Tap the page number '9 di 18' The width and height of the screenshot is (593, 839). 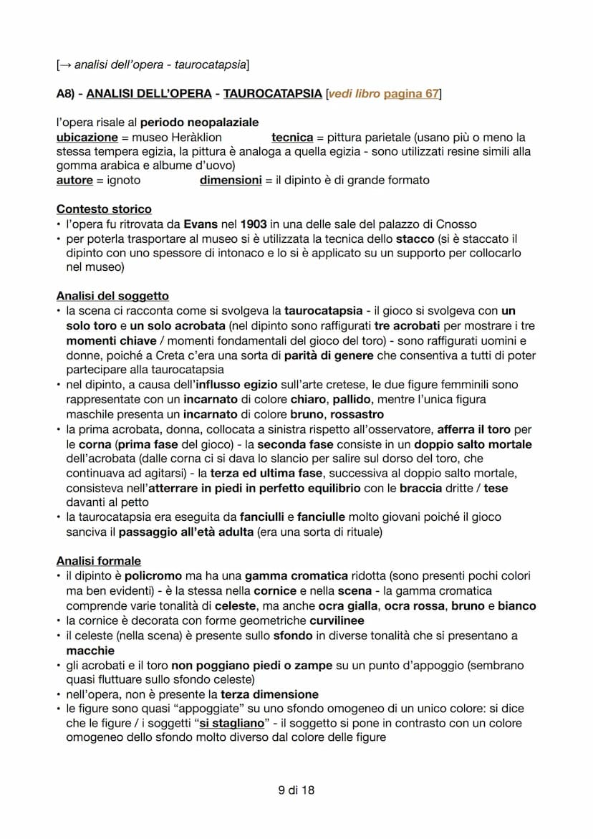(296, 790)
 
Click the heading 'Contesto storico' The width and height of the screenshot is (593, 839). (104, 209)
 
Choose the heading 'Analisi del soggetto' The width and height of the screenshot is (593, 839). (112, 296)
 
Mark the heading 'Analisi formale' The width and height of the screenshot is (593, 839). (99, 561)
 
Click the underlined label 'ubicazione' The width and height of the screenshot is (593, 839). (87, 137)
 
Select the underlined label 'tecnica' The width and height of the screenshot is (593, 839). (292, 137)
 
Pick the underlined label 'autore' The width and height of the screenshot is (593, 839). (75, 180)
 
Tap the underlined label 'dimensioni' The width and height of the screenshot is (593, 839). (231, 180)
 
